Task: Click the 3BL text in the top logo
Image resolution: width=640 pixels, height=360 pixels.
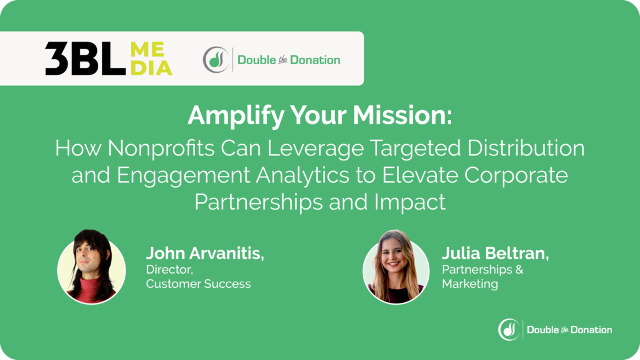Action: (x=81, y=59)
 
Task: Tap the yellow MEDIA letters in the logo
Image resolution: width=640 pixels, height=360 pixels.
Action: (x=151, y=59)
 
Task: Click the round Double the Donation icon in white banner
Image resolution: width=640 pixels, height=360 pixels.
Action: (x=216, y=60)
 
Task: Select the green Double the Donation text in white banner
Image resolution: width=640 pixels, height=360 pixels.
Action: (x=288, y=60)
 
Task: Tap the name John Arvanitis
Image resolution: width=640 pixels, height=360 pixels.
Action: (x=205, y=254)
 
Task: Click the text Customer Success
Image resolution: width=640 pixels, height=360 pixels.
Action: (x=198, y=284)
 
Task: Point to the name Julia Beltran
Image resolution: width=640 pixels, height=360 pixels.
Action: (x=495, y=254)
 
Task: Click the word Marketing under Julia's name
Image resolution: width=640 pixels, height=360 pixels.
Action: (x=470, y=284)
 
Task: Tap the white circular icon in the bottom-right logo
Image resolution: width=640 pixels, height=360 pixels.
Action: (x=509, y=330)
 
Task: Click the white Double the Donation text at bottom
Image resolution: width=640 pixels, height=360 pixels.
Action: (x=569, y=330)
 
